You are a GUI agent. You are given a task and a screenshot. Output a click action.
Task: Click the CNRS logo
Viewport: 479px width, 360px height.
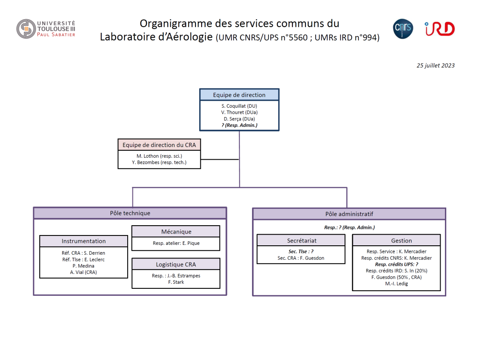[403, 29]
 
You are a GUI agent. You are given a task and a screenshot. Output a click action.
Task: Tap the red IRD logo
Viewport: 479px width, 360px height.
[440, 29]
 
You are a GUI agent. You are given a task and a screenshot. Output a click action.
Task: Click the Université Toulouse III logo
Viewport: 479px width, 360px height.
[46, 29]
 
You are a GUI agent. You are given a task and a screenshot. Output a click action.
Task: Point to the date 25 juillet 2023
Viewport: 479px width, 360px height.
[435, 66]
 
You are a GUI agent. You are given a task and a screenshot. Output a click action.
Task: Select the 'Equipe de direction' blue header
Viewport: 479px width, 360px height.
[239, 95]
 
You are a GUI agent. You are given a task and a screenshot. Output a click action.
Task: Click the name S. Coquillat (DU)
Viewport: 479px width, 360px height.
[239, 106]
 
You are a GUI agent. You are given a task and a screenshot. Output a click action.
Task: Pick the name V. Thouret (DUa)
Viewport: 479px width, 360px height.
[239, 112]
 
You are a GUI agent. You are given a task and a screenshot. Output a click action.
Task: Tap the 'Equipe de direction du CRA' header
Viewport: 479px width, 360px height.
[159, 145]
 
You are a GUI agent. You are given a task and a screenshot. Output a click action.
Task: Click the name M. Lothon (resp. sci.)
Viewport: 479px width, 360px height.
[159, 156]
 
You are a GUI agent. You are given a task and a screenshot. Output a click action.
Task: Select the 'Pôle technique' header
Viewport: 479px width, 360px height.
[130, 213]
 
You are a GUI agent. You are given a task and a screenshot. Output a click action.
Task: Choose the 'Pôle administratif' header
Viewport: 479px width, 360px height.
[349, 214]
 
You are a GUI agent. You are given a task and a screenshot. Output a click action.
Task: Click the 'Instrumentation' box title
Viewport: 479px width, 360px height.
[83, 241]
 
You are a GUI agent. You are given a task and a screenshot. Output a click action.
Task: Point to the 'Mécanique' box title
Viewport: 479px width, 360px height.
[176, 232]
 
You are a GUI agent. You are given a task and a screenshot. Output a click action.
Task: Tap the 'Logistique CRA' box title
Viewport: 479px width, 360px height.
[176, 264]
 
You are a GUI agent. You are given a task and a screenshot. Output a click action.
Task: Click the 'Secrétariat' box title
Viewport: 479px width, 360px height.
[302, 241]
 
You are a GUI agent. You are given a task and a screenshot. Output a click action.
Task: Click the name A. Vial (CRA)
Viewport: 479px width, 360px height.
[83, 272]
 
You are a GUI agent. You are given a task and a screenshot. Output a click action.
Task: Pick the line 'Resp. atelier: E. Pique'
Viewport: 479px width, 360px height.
[176, 243]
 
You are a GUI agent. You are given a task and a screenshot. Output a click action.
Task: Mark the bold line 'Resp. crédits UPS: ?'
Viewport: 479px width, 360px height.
[397, 264]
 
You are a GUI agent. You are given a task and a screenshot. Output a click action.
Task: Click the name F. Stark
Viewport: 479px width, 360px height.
[176, 282]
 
